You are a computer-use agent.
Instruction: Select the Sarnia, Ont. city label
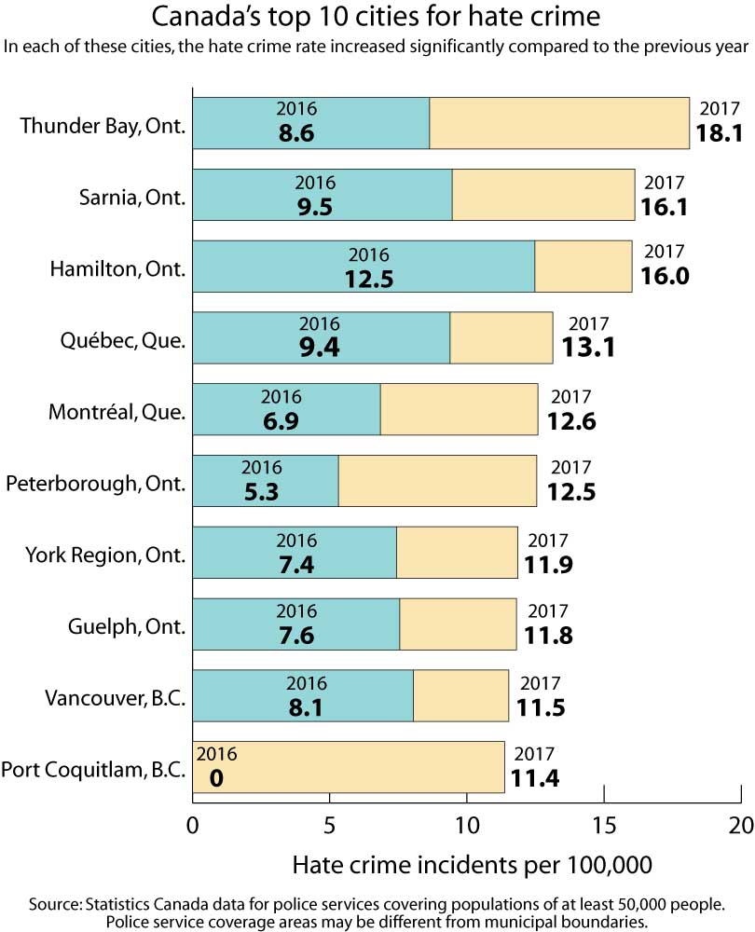(134, 197)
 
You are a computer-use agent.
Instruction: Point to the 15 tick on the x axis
(604, 825)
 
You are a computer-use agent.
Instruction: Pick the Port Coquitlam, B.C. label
(94, 770)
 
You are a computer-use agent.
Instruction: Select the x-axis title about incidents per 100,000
(473, 865)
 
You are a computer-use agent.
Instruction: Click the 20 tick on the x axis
(740, 825)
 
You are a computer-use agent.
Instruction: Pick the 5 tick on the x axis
(330, 825)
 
